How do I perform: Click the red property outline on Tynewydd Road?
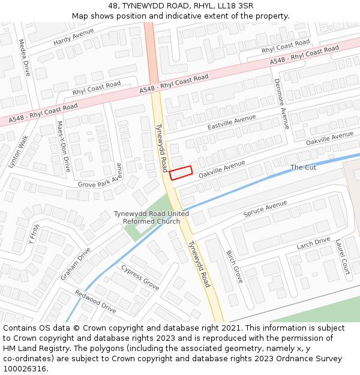pyautogui.click(x=181, y=173)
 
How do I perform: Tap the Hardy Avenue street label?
pyautogui.click(x=73, y=37)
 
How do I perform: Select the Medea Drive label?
pyautogui.click(x=24, y=57)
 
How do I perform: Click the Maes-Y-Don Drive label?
pyautogui.click(x=63, y=147)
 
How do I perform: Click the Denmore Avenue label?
pyautogui.click(x=281, y=104)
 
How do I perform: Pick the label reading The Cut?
pyautogui.click(x=303, y=167)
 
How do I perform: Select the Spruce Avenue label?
pyautogui.click(x=265, y=209)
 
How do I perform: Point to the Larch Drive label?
pyautogui.click(x=313, y=244)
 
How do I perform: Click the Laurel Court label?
pyautogui.click(x=343, y=256)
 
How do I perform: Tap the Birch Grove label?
pyautogui.click(x=234, y=266)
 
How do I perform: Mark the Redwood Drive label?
pyautogui.click(x=95, y=301)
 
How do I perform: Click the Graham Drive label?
pyautogui.click(x=75, y=264)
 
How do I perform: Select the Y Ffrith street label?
pyautogui.click(x=34, y=239)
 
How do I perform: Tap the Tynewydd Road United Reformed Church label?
pyautogui.click(x=151, y=218)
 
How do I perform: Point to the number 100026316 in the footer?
pyautogui.click(x=25, y=368)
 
